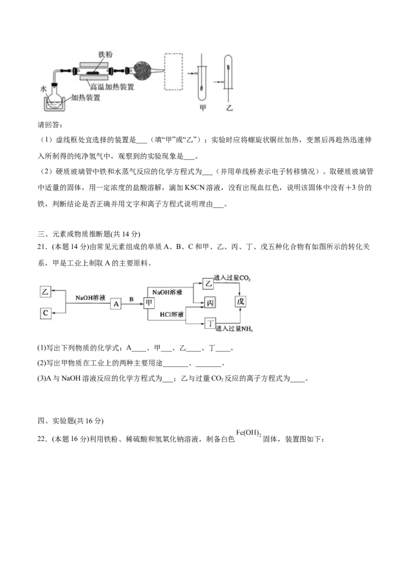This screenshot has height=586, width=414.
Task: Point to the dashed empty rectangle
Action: (176, 71)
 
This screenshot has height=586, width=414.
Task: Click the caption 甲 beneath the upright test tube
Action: (202, 108)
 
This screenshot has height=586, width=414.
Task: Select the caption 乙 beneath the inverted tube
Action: (229, 108)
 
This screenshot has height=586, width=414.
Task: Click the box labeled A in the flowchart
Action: (116, 304)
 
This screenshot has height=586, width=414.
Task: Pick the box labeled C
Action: (46, 313)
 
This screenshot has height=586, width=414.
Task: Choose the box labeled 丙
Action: (210, 302)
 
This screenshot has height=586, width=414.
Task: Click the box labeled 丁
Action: (210, 324)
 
